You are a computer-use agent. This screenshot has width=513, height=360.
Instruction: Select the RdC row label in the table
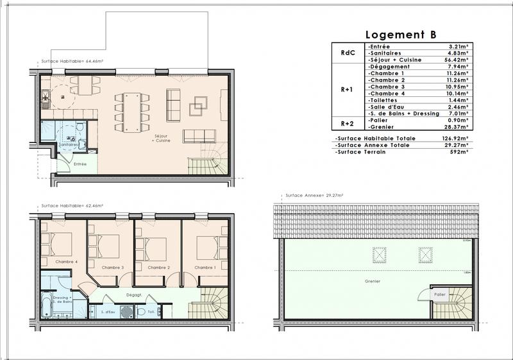point(348,53)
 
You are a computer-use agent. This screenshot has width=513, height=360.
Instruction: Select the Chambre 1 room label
point(205,267)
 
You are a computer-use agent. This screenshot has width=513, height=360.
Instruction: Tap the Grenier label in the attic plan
point(373,282)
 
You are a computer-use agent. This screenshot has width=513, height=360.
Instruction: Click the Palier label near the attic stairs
point(439,295)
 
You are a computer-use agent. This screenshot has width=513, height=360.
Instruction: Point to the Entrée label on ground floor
point(80,164)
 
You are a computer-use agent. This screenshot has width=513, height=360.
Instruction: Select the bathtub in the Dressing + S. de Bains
point(46,305)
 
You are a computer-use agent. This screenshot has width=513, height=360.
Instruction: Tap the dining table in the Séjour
point(132,108)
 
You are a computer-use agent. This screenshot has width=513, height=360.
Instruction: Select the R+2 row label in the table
point(348,123)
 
